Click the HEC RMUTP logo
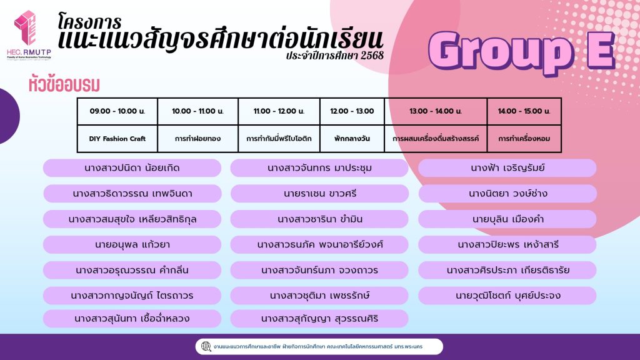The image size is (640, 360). coord(29,35)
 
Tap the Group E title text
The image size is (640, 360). coord(522,52)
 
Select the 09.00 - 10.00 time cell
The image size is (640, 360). coord(117,111)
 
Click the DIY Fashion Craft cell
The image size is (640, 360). coord(117,139)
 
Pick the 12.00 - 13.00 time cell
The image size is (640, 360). coord(352,111)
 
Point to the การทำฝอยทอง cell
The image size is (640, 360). coord(197,139)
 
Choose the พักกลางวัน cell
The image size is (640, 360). coord(352,139)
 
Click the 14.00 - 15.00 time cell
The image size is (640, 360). coord(524,111)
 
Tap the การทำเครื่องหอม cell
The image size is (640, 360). coord(524,139)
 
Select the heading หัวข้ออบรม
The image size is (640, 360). coord(64,84)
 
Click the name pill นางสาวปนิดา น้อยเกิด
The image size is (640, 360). coord(132,167)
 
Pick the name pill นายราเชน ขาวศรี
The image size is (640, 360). coord(319,194)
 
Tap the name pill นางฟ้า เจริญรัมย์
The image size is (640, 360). coord(507,167)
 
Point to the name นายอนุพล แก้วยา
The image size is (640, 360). coord(132,244)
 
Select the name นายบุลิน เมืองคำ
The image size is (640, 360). coord(507,219)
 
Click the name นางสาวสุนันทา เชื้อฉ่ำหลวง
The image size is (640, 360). coord(132,318)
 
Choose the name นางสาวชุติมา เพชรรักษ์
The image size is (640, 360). coord(319,296)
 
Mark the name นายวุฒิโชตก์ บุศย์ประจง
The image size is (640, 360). coord(507,296)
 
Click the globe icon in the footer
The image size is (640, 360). coord(206,346)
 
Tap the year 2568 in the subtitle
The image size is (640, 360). coord(372,55)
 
